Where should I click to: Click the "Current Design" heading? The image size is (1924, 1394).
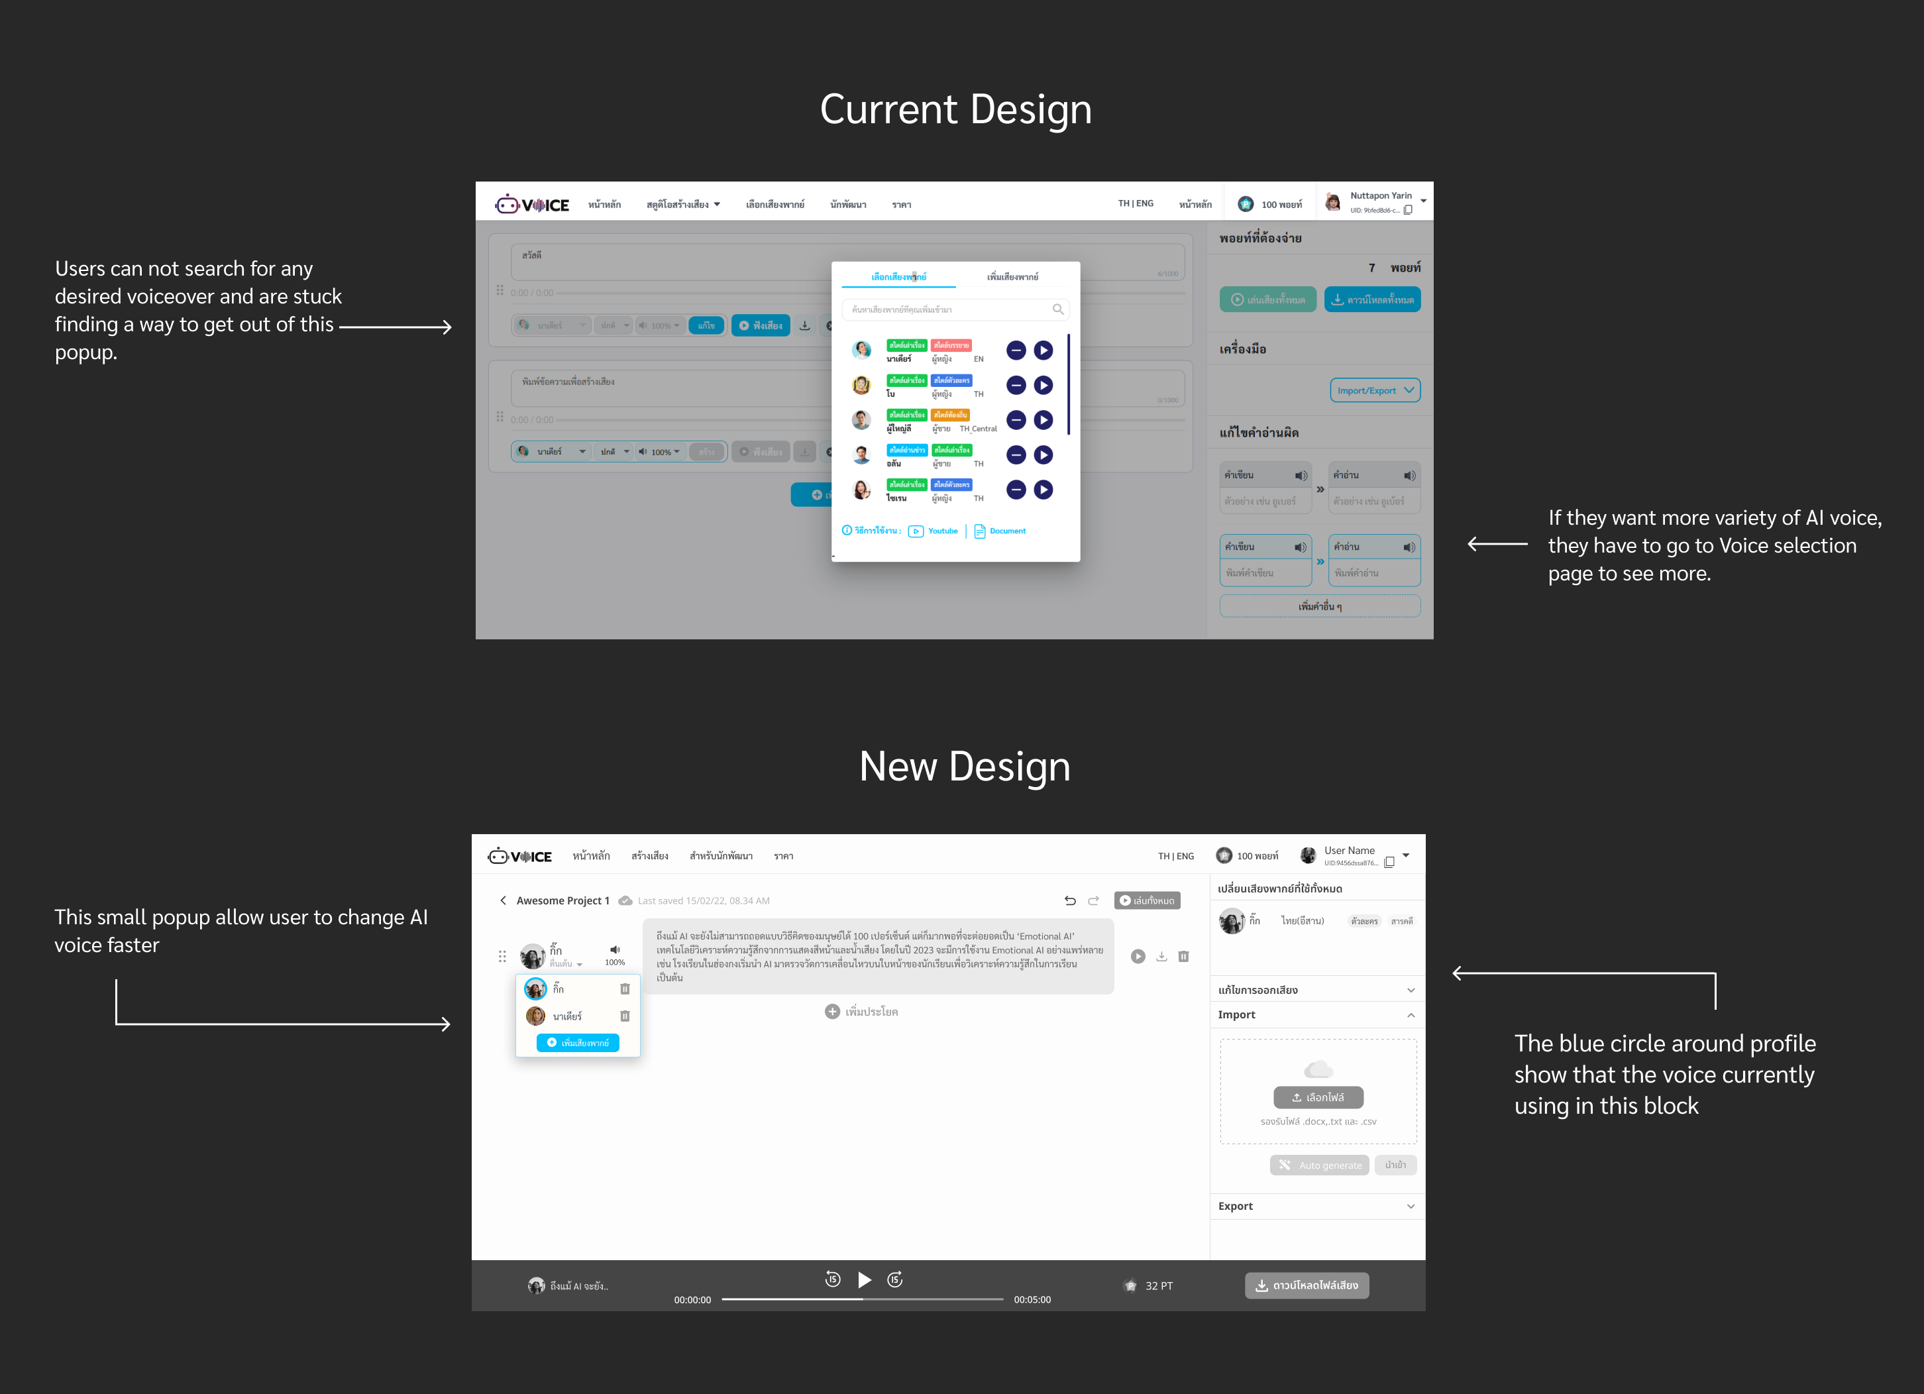pyautogui.click(x=955, y=109)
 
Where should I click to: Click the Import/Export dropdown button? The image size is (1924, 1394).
pyautogui.click(x=1374, y=390)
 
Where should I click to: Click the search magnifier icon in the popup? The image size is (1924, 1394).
pyautogui.click(x=1058, y=309)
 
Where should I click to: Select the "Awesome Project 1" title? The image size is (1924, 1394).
pyautogui.click(x=562, y=900)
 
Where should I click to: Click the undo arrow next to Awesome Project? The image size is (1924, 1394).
pyautogui.click(x=1070, y=900)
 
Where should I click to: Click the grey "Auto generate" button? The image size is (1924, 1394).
pyautogui.click(x=1319, y=1165)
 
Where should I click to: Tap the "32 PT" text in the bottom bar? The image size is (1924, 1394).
pyautogui.click(x=1158, y=1285)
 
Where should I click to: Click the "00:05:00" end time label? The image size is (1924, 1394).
pyautogui.click(x=1032, y=1299)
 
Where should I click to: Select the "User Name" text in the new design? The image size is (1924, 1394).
pyautogui.click(x=1349, y=850)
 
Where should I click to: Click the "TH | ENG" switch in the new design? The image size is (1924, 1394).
pyautogui.click(x=1176, y=856)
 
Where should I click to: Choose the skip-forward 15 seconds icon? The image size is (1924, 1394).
pyautogui.click(x=895, y=1279)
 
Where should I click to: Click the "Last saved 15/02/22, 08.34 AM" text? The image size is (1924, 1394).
pyautogui.click(x=703, y=900)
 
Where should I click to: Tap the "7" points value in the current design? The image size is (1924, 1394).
pyautogui.click(x=1371, y=267)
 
